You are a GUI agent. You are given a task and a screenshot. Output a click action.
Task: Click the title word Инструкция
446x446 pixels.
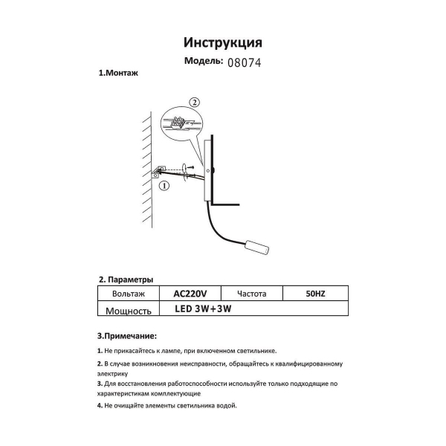[222, 43]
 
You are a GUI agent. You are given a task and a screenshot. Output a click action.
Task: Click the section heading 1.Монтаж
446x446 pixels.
[119, 74]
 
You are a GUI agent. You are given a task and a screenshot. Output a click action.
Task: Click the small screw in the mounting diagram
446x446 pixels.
[191, 168]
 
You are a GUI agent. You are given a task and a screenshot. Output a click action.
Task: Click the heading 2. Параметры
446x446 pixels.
[126, 279]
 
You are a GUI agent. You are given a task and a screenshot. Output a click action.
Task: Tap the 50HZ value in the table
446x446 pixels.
[315, 294]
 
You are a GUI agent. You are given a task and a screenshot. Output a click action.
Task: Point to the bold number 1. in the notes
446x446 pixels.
[100, 350]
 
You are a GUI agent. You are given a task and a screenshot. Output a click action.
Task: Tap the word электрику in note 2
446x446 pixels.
[113, 375]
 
